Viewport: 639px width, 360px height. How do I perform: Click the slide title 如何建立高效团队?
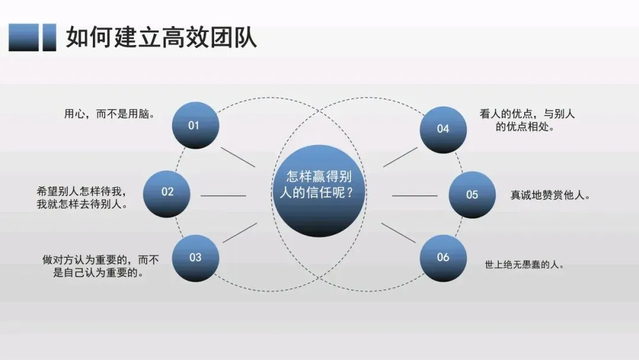point(161,37)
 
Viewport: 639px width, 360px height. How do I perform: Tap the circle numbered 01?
point(195,125)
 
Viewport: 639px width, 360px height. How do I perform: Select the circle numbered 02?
point(167,192)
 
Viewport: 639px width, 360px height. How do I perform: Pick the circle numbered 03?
point(195,258)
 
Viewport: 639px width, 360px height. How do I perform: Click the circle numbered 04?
point(443,128)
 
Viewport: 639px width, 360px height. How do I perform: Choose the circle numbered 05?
point(472,194)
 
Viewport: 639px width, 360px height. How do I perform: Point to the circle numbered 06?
point(443,258)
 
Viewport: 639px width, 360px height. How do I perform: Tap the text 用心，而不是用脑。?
point(109,114)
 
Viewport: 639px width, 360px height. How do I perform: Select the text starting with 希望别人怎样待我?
point(82,198)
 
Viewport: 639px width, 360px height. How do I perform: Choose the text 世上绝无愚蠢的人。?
point(524,265)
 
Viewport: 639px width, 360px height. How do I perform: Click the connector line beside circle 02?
point(223,195)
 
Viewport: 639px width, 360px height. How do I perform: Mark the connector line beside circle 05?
point(414,195)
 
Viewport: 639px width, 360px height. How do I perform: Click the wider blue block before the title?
point(24,37)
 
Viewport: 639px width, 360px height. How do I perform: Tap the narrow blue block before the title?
point(50,37)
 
